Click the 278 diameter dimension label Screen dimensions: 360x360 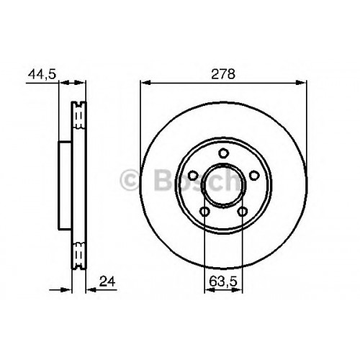click(x=223, y=74)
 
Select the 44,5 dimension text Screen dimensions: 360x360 click(x=42, y=74)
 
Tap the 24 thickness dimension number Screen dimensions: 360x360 click(x=107, y=282)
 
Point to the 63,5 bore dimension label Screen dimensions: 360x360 click(x=223, y=282)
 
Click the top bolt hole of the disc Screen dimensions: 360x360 click(x=223, y=153)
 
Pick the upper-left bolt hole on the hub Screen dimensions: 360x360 click(x=192, y=176)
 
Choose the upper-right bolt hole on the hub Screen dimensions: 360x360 click(x=254, y=176)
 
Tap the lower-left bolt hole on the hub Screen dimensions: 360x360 click(x=204, y=212)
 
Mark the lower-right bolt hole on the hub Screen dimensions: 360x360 click(x=243, y=212)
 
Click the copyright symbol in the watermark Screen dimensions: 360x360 click(x=130, y=180)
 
